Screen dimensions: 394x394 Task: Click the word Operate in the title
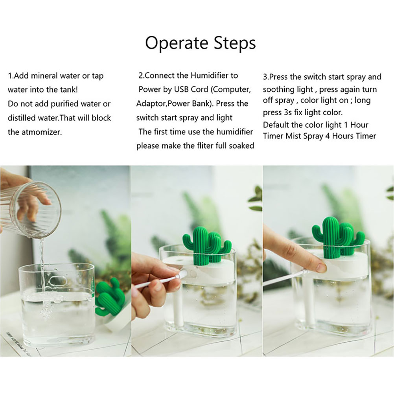[x=177, y=43]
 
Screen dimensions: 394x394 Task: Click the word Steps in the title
[x=235, y=43]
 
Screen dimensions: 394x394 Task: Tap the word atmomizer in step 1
[x=41, y=132]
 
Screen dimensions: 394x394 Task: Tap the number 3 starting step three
[x=265, y=77]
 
